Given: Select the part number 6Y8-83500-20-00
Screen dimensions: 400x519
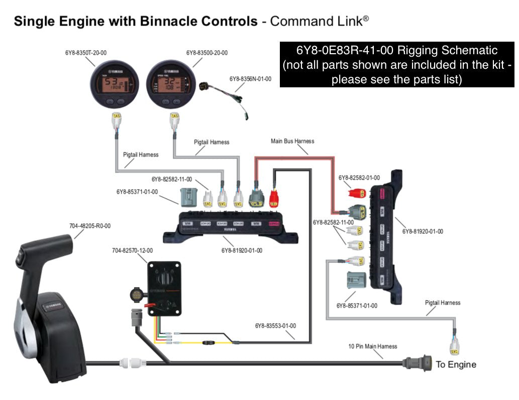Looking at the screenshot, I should coord(206,52).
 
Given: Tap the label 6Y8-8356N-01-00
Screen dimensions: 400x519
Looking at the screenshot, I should coord(250,79).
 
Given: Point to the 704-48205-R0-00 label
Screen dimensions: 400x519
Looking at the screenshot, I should coord(90,226).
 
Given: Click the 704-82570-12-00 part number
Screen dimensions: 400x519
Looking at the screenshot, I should coord(132,250).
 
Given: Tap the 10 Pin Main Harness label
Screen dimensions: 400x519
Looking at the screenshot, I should coord(372,346).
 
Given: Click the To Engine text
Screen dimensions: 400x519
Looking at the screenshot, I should coord(456,364).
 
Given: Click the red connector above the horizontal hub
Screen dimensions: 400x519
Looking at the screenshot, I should coord(274,199).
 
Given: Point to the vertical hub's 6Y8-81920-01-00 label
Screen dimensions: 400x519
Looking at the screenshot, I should coord(423,231).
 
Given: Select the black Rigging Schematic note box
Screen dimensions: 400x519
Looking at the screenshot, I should coord(396,65).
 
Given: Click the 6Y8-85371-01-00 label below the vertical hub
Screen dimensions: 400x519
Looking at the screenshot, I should coord(357,305).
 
